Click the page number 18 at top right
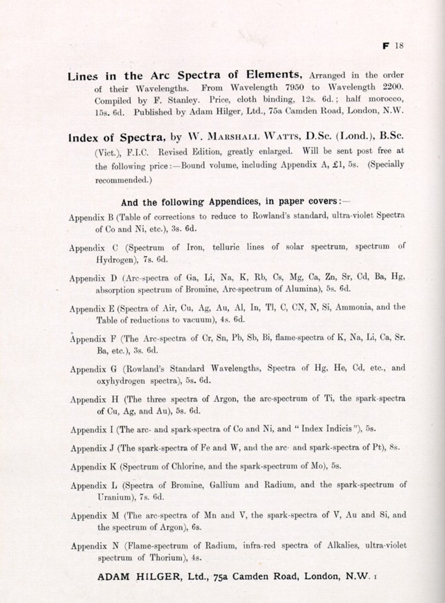pyautogui.click(x=399, y=46)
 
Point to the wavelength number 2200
pyautogui.click(x=392, y=87)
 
